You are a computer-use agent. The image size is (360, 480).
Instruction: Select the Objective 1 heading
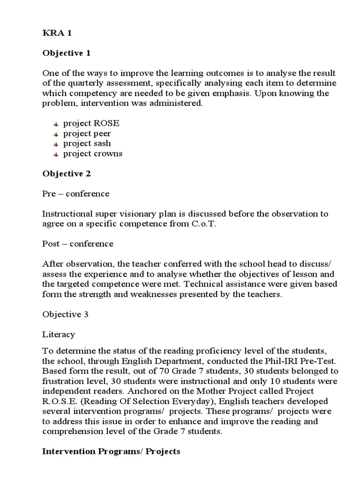click(66, 53)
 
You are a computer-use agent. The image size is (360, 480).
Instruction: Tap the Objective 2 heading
click(66, 173)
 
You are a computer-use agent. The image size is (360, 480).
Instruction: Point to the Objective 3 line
click(65, 314)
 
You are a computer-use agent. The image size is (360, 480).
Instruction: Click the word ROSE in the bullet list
click(107, 123)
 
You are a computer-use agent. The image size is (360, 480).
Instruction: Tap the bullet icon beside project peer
click(55, 134)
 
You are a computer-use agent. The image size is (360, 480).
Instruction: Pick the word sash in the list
click(102, 143)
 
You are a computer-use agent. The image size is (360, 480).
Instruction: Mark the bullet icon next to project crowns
click(55, 154)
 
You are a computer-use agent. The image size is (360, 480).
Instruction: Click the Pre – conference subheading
click(75, 194)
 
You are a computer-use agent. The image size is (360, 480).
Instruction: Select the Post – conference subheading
click(78, 244)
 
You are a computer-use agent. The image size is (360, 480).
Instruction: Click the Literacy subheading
click(58, 334)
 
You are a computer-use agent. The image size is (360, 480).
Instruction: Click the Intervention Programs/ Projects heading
click(111, 451)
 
